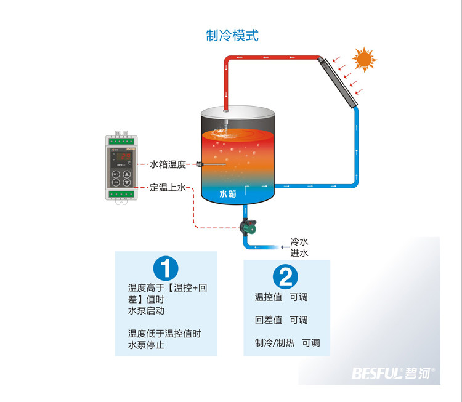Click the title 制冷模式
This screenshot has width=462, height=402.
point(232,36)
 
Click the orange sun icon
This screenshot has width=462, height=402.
point(363,60)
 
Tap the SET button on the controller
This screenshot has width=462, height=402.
point(116,174)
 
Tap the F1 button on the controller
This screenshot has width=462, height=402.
point(116,183)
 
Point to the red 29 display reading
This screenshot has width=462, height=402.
point(123,156)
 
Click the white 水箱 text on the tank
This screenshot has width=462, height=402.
point(228,194)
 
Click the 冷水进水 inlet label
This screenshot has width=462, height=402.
point(299,247)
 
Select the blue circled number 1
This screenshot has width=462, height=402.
point(165,268)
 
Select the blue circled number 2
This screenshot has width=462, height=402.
point(285,276)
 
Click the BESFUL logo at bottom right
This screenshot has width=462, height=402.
point(394,372)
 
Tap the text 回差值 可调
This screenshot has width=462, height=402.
point(281,320)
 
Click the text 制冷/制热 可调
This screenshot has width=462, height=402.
point(287,344)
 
